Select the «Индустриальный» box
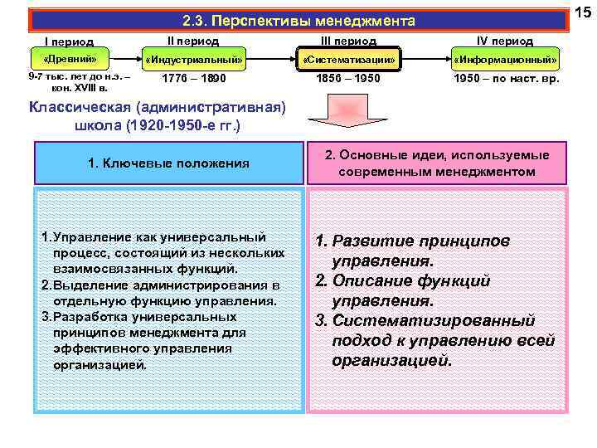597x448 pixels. (194, 60)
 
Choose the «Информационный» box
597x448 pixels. (504, 60)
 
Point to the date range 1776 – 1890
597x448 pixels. (193, 79)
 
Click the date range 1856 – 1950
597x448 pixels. (348, 79)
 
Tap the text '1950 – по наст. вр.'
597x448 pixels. (506, 79)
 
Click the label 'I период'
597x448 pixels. (68, 41)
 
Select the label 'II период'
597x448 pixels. (193, 40)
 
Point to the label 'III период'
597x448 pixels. (348, 41)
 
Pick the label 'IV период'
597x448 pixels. (505, 41)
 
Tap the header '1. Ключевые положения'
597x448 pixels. (168, 163)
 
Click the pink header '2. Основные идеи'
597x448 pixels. (437, 163)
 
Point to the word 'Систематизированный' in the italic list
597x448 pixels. (434, 321)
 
